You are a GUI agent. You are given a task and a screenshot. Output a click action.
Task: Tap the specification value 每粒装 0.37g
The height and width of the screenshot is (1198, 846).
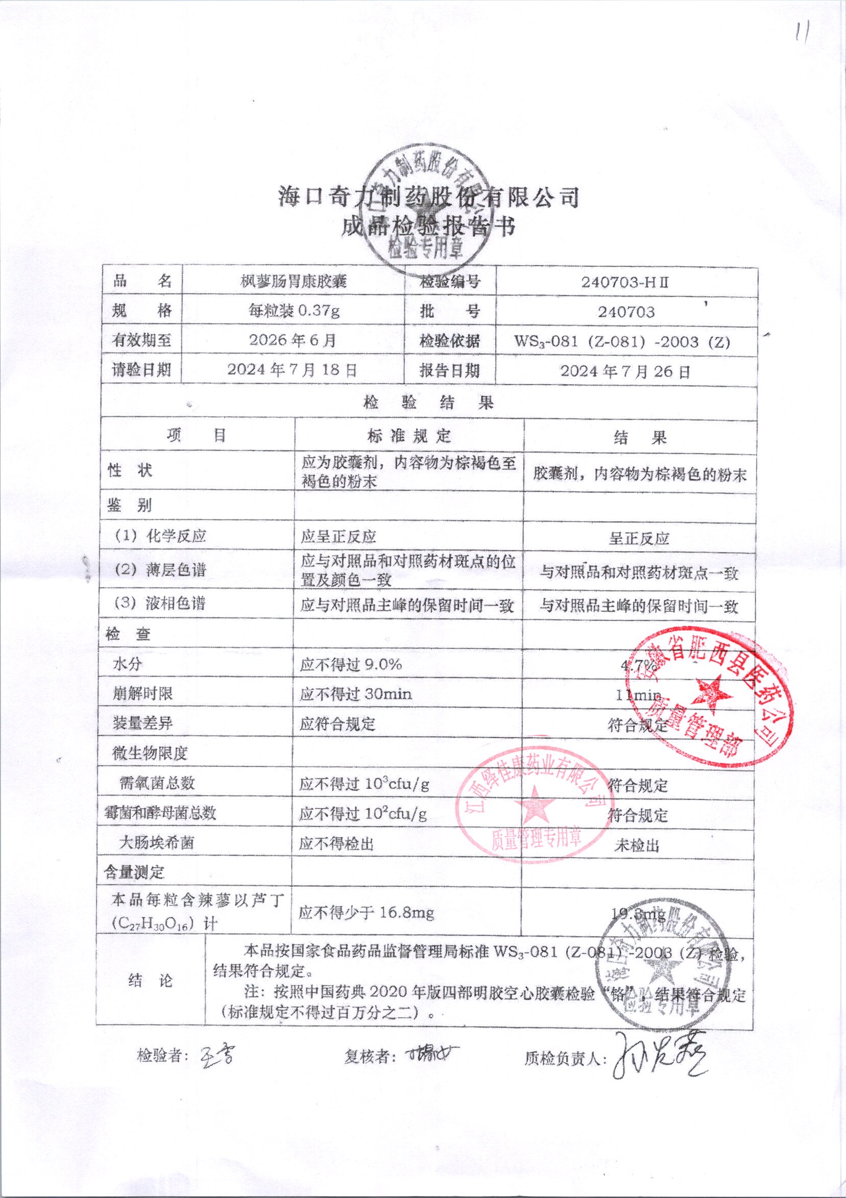294,312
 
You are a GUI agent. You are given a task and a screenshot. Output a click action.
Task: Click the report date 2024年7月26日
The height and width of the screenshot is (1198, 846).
625,371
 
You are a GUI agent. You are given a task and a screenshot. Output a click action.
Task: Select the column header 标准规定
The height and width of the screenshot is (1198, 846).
409,436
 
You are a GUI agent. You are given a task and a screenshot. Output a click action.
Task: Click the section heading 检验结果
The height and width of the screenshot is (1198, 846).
428,403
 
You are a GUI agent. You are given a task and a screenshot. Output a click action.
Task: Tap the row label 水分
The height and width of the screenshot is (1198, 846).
128,664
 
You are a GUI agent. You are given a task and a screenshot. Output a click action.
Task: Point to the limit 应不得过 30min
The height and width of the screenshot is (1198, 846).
356,694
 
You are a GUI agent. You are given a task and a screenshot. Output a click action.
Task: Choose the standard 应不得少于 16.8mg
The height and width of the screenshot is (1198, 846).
366,913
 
